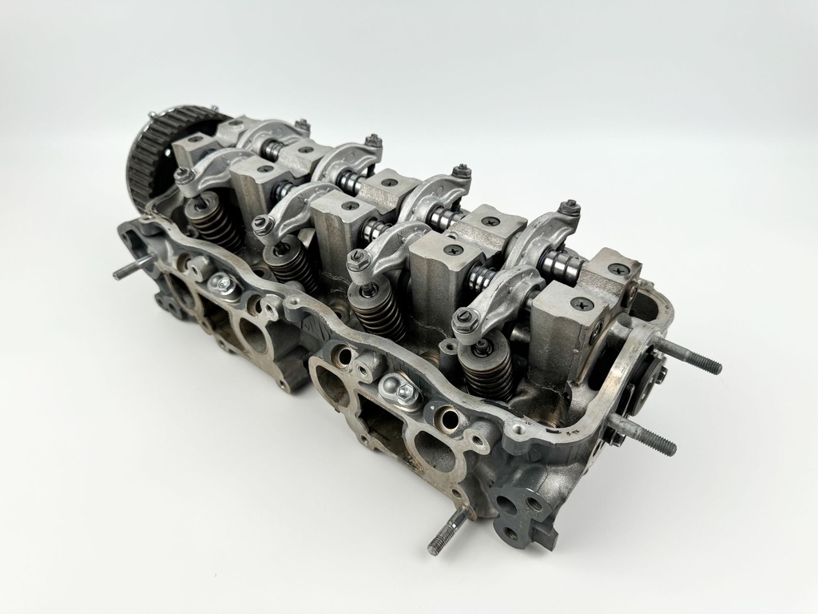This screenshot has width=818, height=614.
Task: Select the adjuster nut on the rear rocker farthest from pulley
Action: point(568,209)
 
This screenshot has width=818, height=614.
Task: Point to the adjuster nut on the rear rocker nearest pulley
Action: point(302,125)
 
